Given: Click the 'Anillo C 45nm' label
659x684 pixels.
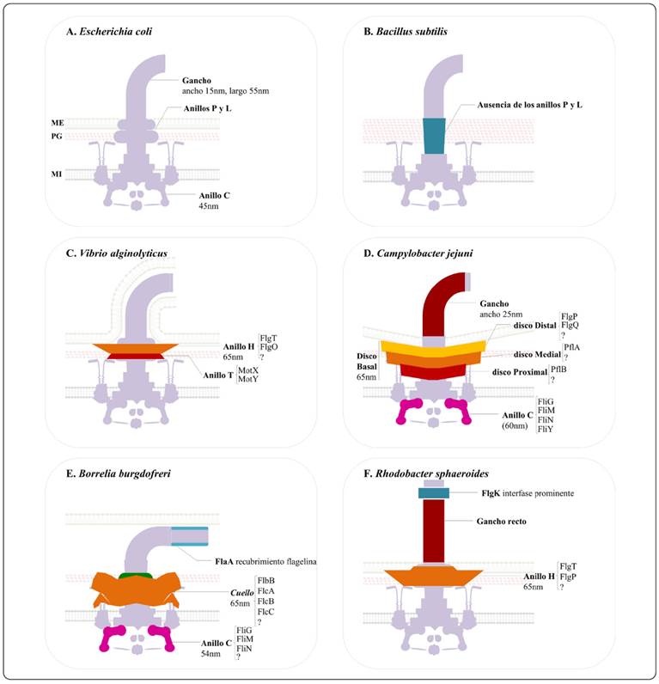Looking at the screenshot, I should coord(214,200).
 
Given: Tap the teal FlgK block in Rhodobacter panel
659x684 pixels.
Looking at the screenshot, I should coord(433,493).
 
